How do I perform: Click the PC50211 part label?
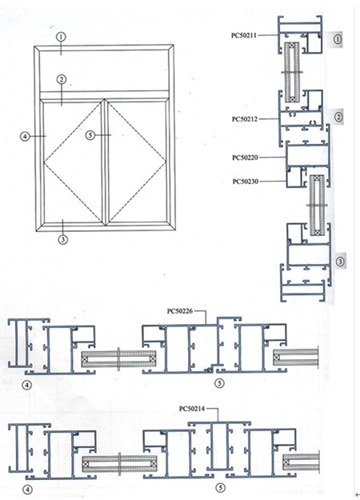click(x=244, y=35)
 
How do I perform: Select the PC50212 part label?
click(x=245, y=119)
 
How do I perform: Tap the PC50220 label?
click(x=245, y=158)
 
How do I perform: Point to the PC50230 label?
click(x=246, y=182)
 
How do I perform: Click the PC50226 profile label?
click(x=180, y=311)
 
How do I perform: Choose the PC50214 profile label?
click(x=192, y=409)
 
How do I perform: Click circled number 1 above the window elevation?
click(x=61, y=37)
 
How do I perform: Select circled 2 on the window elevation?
click(x=62, y=79)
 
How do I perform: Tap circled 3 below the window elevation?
click(x=63, y=239)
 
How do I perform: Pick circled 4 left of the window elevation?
click(x=25, y=136)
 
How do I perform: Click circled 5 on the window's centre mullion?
click(x=90, y=135)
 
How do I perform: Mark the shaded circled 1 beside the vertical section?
click(x=337, y=39)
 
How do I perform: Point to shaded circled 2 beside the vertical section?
click(x=338, y=117)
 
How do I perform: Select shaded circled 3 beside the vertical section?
click(x=340, y=262)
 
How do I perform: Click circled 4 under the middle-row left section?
click(x=27, y=386)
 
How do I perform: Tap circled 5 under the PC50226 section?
click(x=219, y=383)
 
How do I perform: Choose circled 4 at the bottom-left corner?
click(x=28, y=489)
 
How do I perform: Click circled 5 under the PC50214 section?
click(x=220, y=487)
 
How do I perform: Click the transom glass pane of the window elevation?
click(x=104, y=70)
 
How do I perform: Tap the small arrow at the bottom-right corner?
click(x=357, y=494)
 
